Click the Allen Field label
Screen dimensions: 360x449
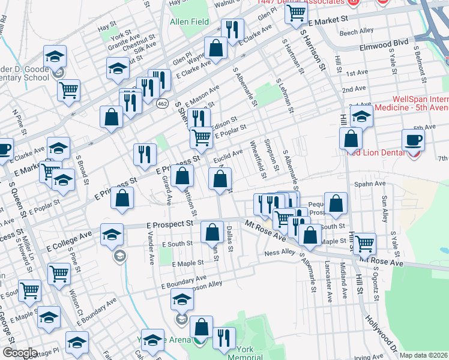coord(189,22)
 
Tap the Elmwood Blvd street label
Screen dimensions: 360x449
coord(385,43)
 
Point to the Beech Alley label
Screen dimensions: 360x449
coord(357,31)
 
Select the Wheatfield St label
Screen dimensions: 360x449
coord(258,160)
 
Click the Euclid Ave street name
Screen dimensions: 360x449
coord(228,156)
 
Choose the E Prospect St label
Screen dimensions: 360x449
coord(170,223)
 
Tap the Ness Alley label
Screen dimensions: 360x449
coord(280,253)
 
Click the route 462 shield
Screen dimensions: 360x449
coord(162,104)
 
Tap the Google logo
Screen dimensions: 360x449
coord(20,353)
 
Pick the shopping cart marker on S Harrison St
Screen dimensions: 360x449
coord(297,13)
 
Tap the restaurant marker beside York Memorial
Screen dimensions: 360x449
coord(224,337)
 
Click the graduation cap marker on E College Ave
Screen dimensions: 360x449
coord(112,235)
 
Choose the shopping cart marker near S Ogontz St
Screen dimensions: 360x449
coord(364,243)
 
